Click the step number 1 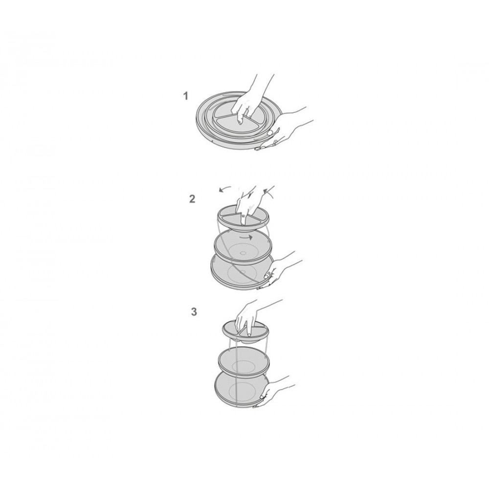point(185,96)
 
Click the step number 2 point(192,199)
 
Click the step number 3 point(194,311)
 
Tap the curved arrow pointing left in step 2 point(224,189)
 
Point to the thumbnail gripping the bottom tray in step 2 point(267,276)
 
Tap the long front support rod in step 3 point(237,374)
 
